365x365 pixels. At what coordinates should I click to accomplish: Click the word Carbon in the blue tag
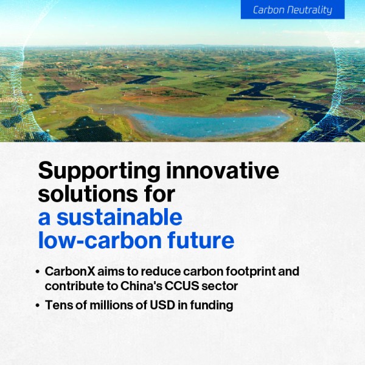pos(269,10)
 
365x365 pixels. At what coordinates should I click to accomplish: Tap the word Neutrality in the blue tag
pos(310,10)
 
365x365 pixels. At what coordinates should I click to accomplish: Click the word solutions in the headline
pos(88,194)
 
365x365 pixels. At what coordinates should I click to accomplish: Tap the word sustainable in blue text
pos(119,217)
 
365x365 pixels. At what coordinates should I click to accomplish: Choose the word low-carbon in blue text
pos(100,240)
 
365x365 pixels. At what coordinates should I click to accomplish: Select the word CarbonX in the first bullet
pos(70,271)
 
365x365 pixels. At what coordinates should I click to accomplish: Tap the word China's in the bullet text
pos(141,286)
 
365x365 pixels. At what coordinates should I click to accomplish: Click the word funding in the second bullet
pos(211,305)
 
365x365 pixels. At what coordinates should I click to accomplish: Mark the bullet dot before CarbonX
pos(38,272)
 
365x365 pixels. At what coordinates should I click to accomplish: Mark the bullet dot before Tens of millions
pos(38,305)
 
